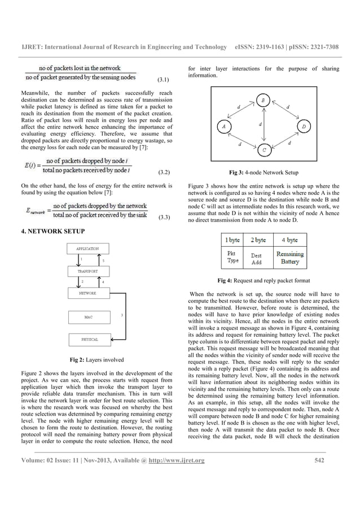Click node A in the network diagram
pyautogui.click(x=224, y=127)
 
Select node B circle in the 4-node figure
pyautogui.click(x=264, y=101)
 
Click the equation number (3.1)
pyautogui.click(x=164, y=88)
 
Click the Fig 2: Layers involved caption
pyautogui.click(x=96, y=360)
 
